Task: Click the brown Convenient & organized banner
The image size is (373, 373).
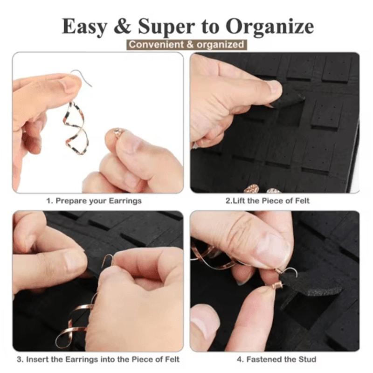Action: pos(186,45)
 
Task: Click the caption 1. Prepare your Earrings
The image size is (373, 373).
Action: pos(94,201)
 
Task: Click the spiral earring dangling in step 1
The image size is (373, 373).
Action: pos(76,126)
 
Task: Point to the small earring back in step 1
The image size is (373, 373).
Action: pos(118,133)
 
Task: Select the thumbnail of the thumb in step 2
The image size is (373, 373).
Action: pos(273,87)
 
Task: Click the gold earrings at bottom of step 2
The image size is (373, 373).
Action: pos(261,189)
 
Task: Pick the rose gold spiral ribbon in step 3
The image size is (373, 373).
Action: pos(75,322)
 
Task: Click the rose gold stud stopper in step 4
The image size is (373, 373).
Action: pos(276,285)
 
